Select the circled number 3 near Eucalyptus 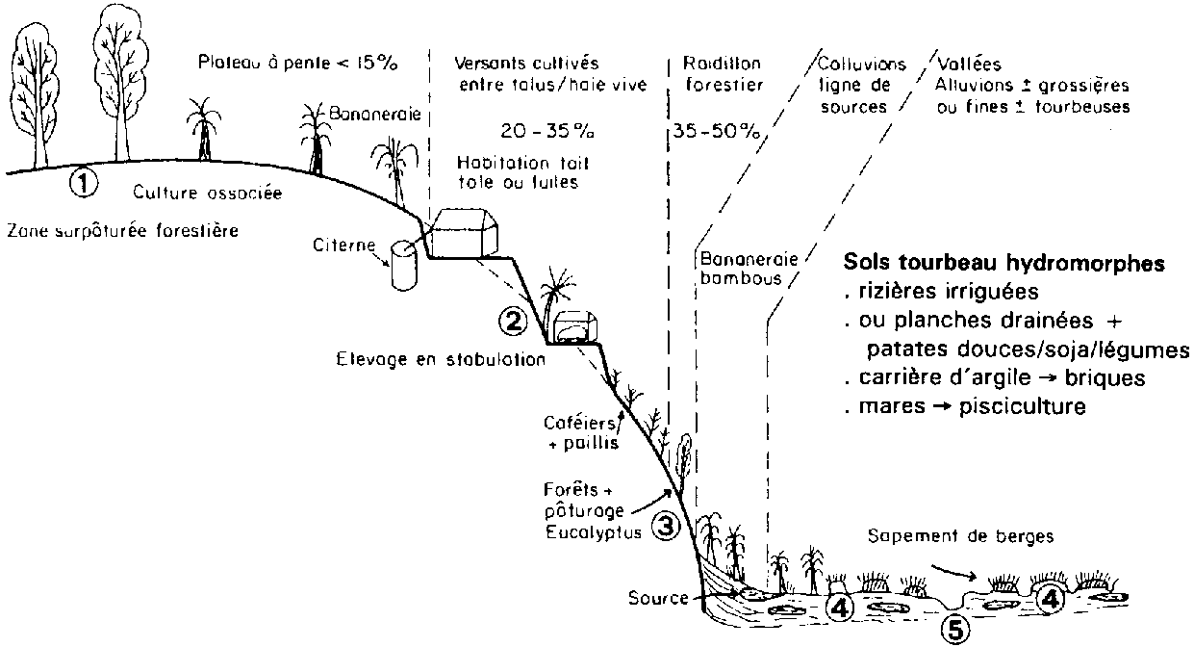pos(666,526)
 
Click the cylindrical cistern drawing pos(403,266)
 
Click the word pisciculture pos(1029,406)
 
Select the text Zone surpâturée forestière pos(122,232)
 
